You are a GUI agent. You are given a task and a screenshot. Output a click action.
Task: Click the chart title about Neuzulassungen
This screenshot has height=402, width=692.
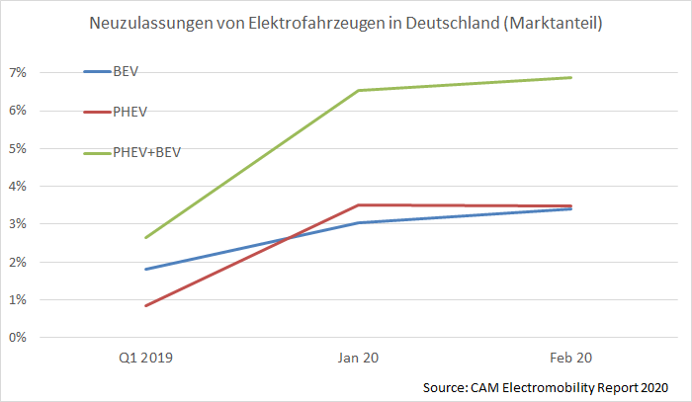click(x=345, y=23)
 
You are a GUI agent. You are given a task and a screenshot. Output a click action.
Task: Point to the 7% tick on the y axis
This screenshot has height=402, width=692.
click(x=18, y=73)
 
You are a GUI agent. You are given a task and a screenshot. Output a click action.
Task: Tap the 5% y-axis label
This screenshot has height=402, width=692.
click(x=18, y=148)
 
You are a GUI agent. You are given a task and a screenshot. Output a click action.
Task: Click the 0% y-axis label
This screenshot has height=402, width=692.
click(x=18, y=338)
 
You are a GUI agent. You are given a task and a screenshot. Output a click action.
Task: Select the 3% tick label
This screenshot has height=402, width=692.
click(x=18, y=224)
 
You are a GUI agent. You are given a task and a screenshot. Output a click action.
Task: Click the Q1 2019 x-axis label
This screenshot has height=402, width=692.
click(x=145, y=360)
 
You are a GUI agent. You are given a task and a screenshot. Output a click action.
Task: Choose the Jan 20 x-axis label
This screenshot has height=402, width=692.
click(x=358, y=360)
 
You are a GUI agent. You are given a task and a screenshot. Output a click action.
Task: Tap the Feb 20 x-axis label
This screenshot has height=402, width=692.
click(x=570, y=360)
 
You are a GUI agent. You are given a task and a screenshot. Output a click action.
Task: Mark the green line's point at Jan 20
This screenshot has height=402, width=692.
click(x=358, y=91)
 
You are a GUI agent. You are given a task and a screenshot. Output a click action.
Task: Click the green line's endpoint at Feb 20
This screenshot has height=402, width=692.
click(x=571, y=77)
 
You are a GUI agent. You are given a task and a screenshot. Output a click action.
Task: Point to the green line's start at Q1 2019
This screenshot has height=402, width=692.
click(x=145, y=237)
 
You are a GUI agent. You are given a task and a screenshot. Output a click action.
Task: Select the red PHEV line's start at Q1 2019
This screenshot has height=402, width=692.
click(x=145, y=305)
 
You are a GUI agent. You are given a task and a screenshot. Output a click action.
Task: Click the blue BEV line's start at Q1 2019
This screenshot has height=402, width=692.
click(x=145, y=269)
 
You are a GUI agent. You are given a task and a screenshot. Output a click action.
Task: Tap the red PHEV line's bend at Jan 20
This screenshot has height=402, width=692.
click(x=358, y=204)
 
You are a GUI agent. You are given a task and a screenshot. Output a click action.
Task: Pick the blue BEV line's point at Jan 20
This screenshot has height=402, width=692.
click(x=358, y=222)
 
